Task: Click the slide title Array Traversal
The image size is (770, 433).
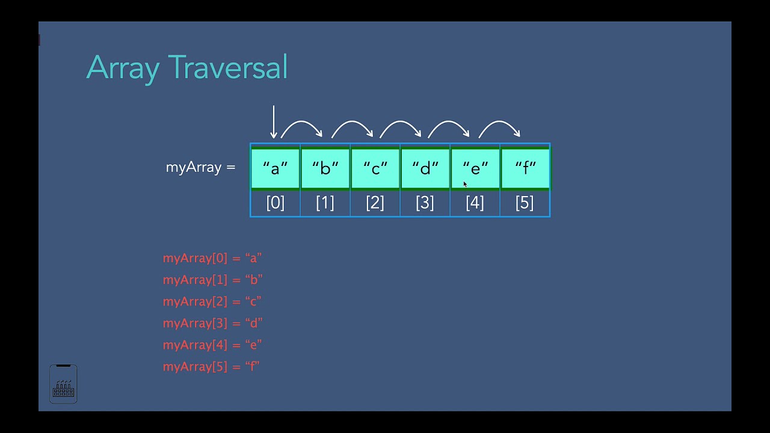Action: click(187, 67)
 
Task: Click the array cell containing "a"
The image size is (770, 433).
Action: click(276, 168)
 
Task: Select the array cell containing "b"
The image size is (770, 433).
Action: click(325, 168)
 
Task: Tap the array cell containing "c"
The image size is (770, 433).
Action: click(375, 168)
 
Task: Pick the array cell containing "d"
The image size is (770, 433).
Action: click(425, 168)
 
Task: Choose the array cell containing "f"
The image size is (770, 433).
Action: click(525, 168)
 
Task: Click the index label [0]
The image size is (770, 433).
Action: click(276, 203)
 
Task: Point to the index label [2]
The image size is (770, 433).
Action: click(375, 203)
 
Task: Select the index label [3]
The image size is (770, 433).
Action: click(425, 203)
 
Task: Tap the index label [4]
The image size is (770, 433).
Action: click(475, 203)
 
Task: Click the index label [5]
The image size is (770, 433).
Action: click(525, 203)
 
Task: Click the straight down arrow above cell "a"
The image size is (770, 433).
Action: click(274, 122)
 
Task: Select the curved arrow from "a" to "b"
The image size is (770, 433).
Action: click(301, 126)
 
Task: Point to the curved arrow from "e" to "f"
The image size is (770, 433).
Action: click(499, 126)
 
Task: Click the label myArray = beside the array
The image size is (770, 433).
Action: click(200, 167)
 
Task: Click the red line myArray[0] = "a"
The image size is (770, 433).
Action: click(212, 258)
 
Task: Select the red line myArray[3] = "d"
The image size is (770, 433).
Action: click(212, 323)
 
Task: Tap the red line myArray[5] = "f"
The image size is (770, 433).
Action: click(211, 366)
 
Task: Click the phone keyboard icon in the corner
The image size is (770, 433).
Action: click(63, 384)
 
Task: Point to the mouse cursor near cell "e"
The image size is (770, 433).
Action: click(464, 184)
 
